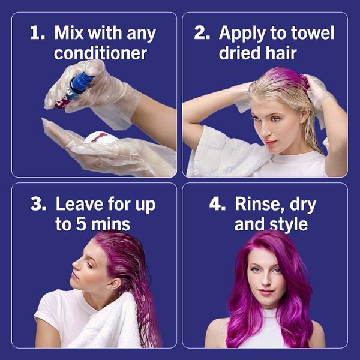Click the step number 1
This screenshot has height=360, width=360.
(37, 32)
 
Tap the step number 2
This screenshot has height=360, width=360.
(202, 32)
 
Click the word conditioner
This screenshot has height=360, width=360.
(100, 53)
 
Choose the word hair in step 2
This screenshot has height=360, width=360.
(280, 53)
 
